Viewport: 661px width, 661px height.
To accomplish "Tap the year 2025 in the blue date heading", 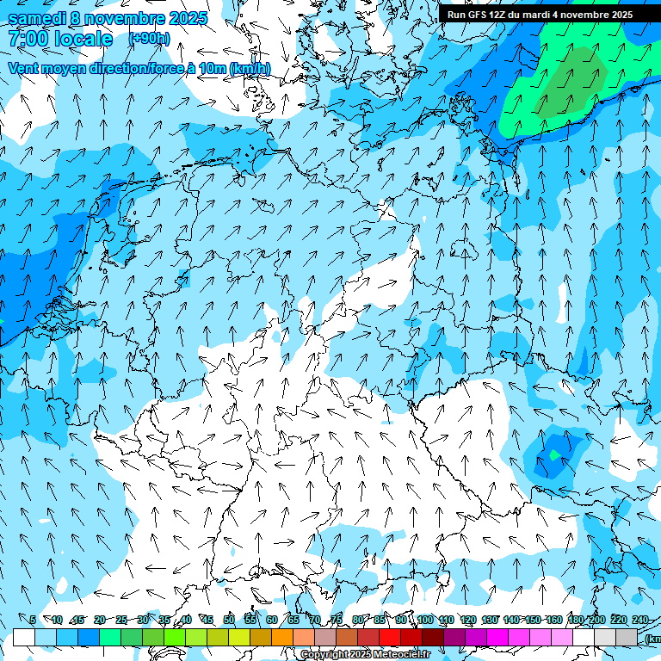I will pos(182,18).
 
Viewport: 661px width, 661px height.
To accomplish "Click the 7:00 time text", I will pos(28,39).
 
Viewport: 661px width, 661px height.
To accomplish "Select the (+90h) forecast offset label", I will pos(149,39).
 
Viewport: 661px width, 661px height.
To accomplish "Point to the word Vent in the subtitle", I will pos(25,68).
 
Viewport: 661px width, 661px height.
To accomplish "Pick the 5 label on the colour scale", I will pos(33,620).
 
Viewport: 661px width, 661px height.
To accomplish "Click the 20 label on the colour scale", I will pos(100,620).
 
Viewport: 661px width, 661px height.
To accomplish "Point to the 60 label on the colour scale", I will pos(272,620).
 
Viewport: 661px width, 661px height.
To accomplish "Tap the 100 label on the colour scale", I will pos(425,620).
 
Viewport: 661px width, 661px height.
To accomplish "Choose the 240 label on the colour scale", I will pos(640,620).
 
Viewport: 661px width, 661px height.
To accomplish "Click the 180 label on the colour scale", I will pos(575,620).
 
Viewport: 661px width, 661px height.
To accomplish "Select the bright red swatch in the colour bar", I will pos(390,637).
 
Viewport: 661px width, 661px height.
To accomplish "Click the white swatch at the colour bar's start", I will pos(24,637).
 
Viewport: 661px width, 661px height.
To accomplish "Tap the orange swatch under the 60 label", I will pos(282,637).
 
